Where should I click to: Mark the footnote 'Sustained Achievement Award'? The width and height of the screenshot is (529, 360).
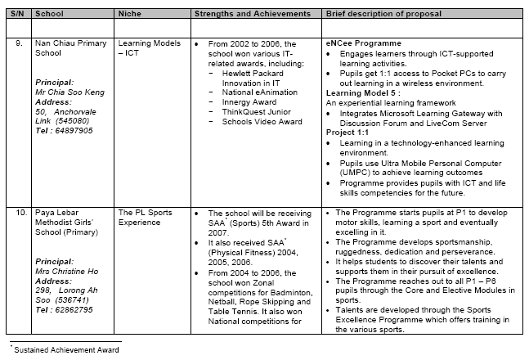tap(65, 349)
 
